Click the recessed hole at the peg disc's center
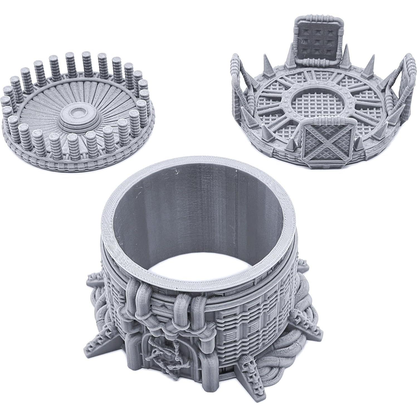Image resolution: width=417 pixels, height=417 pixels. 76,113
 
